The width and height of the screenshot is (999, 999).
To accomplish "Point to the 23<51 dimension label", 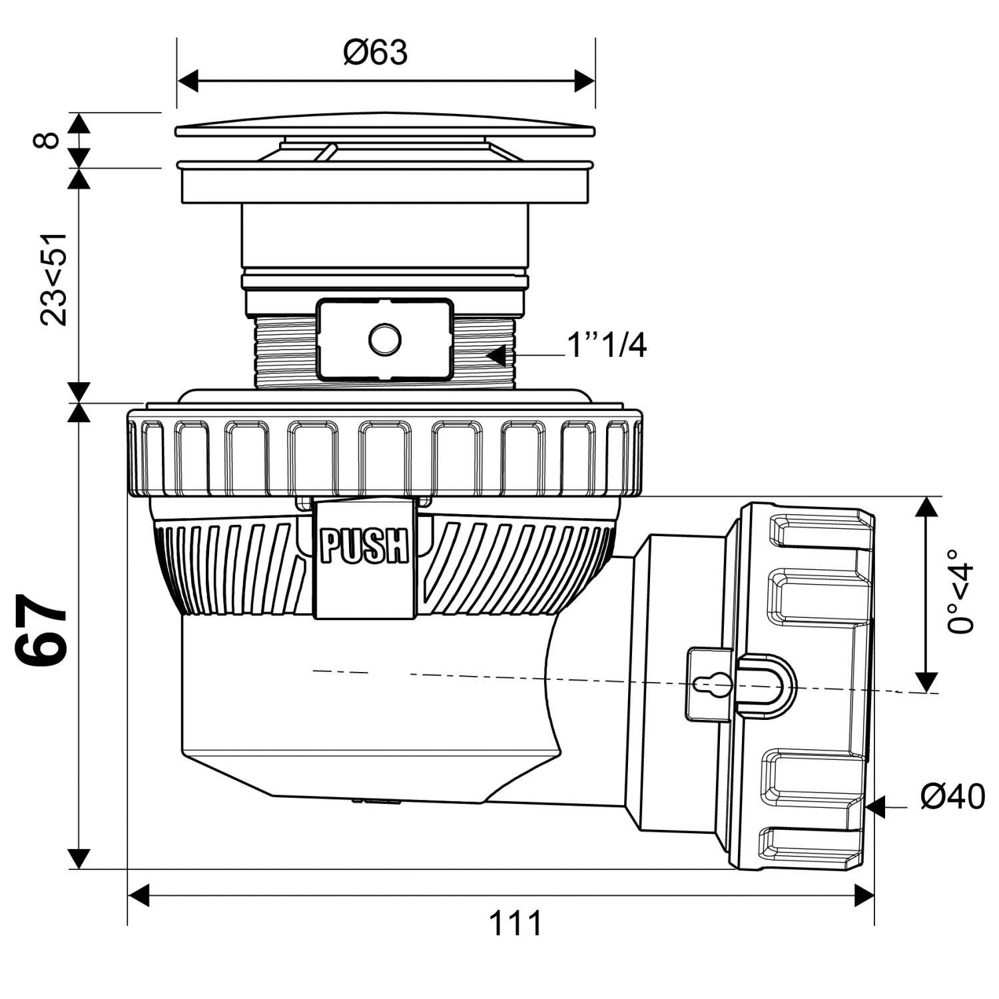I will (54, 279).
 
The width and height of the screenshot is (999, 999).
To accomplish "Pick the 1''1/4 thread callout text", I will (605, 346).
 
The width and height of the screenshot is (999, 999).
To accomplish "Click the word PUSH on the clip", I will (364, 546).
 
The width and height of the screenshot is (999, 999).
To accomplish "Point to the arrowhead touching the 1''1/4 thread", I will (496, 356).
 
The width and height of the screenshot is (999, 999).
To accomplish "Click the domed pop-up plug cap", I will (385, 124).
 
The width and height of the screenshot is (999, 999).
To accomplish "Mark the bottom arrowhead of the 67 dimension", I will (79, 858).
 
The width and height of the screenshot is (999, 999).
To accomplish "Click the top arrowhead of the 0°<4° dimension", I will (926, 507).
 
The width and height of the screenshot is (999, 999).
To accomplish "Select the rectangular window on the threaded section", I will (385, 339).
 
